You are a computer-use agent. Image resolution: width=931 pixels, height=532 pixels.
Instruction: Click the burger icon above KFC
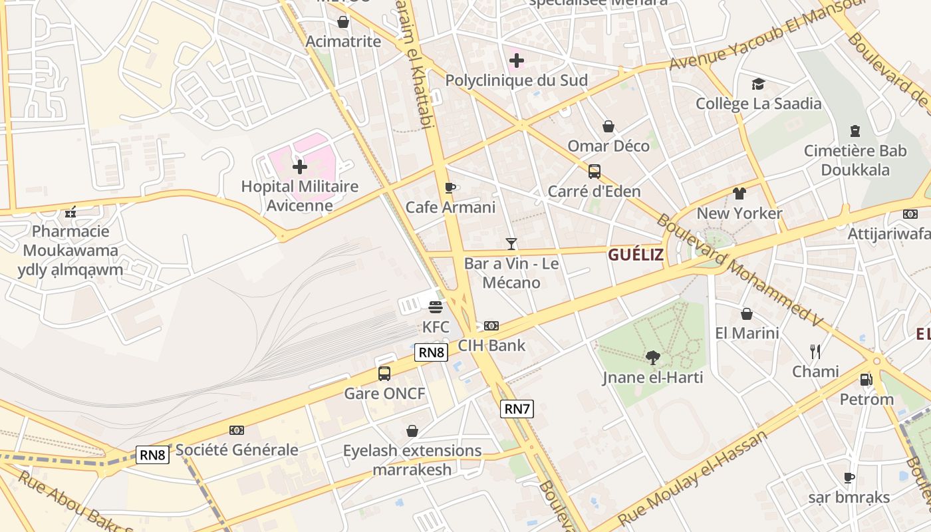pos(436,307)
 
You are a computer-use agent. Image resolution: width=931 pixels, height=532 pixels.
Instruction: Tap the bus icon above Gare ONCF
pos(384,373)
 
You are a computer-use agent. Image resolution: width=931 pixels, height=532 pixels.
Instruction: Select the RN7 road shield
pos(517,409)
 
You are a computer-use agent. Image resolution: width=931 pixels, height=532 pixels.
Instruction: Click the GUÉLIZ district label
pos(636,255)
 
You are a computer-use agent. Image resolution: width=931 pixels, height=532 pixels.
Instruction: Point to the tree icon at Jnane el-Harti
pos(653,358)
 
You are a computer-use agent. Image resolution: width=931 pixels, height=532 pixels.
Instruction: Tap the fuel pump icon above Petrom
pos(866,380)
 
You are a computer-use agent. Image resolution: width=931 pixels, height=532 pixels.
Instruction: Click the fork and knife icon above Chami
pos(815,351)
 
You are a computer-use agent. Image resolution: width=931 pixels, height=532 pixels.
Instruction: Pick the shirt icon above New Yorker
pos(739,194)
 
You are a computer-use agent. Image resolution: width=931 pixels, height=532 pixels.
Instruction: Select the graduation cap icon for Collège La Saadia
pos(758,84)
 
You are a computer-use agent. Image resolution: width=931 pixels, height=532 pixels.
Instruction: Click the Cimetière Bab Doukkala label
pos(855,160)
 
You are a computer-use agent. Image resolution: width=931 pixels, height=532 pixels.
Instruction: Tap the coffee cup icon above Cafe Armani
pos(450,188)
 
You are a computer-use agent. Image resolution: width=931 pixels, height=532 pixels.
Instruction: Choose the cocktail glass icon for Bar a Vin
pos(511,244)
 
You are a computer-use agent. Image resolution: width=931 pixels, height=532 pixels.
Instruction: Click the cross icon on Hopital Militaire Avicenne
pos(300,166)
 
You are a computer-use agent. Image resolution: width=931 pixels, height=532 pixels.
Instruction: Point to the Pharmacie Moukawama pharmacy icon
pos(70,213)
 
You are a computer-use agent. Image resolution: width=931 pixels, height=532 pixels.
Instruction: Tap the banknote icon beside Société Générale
pos(236,430)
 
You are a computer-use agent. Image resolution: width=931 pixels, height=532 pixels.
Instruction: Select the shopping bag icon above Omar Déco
pos(608,126)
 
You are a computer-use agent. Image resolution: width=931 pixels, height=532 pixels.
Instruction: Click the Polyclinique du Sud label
pos(516,81)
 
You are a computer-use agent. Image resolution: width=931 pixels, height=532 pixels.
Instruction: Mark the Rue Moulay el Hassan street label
pos(692,478)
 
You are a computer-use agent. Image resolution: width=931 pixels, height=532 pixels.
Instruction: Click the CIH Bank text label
pos(491,345)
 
